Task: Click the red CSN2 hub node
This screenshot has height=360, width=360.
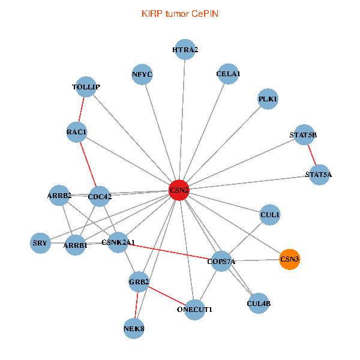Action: [179, 190]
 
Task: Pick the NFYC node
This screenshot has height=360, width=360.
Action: [143, 75]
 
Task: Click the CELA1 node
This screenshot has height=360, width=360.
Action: [228, 74]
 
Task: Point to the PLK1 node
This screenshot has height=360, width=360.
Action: [268, 99]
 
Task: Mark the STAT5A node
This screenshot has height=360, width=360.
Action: [319, 175]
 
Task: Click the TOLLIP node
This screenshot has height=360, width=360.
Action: [86, 87]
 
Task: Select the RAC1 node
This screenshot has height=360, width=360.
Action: [77, 131]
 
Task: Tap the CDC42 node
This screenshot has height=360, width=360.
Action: [100, 196]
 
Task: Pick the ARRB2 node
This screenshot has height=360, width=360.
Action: [59, 195]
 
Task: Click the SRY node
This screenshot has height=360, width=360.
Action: [40, 243]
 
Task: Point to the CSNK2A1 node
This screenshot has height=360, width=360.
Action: [118, 242]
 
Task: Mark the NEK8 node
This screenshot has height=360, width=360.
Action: [134, 328]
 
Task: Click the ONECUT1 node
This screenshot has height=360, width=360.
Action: [195, 310]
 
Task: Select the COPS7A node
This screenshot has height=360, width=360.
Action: [221, 261]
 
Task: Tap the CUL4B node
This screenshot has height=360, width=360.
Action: [259, 304]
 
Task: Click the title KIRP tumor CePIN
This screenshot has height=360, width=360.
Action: [180, 13]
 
